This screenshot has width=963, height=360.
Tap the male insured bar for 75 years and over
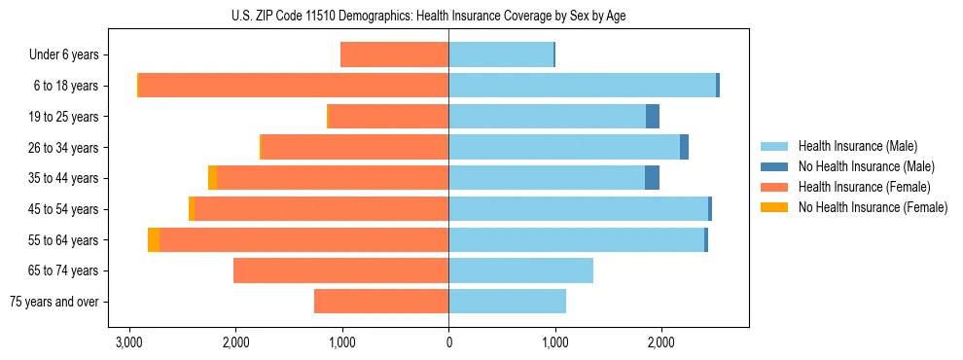tap(507, 302)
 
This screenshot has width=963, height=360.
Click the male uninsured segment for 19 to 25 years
tap(653, 117)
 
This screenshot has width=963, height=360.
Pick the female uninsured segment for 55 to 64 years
tap(154, 240)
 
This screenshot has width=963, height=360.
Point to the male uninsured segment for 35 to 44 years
tap(652, 178)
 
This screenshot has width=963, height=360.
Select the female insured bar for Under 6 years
tap(395, 54)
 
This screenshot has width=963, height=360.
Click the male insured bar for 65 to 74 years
tap(520, 270)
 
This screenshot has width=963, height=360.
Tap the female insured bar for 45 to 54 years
tap(321, 209)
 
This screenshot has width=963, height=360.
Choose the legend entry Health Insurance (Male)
tap(857, 146)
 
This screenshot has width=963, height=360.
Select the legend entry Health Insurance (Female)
tap(864, 187)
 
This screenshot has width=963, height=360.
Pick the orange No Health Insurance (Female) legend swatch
tap(774, 207)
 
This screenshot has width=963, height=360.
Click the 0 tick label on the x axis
tap(448, 343)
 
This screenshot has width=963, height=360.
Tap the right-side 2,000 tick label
tap(660, 343)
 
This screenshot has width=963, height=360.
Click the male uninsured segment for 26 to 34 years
tap(684, 148)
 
